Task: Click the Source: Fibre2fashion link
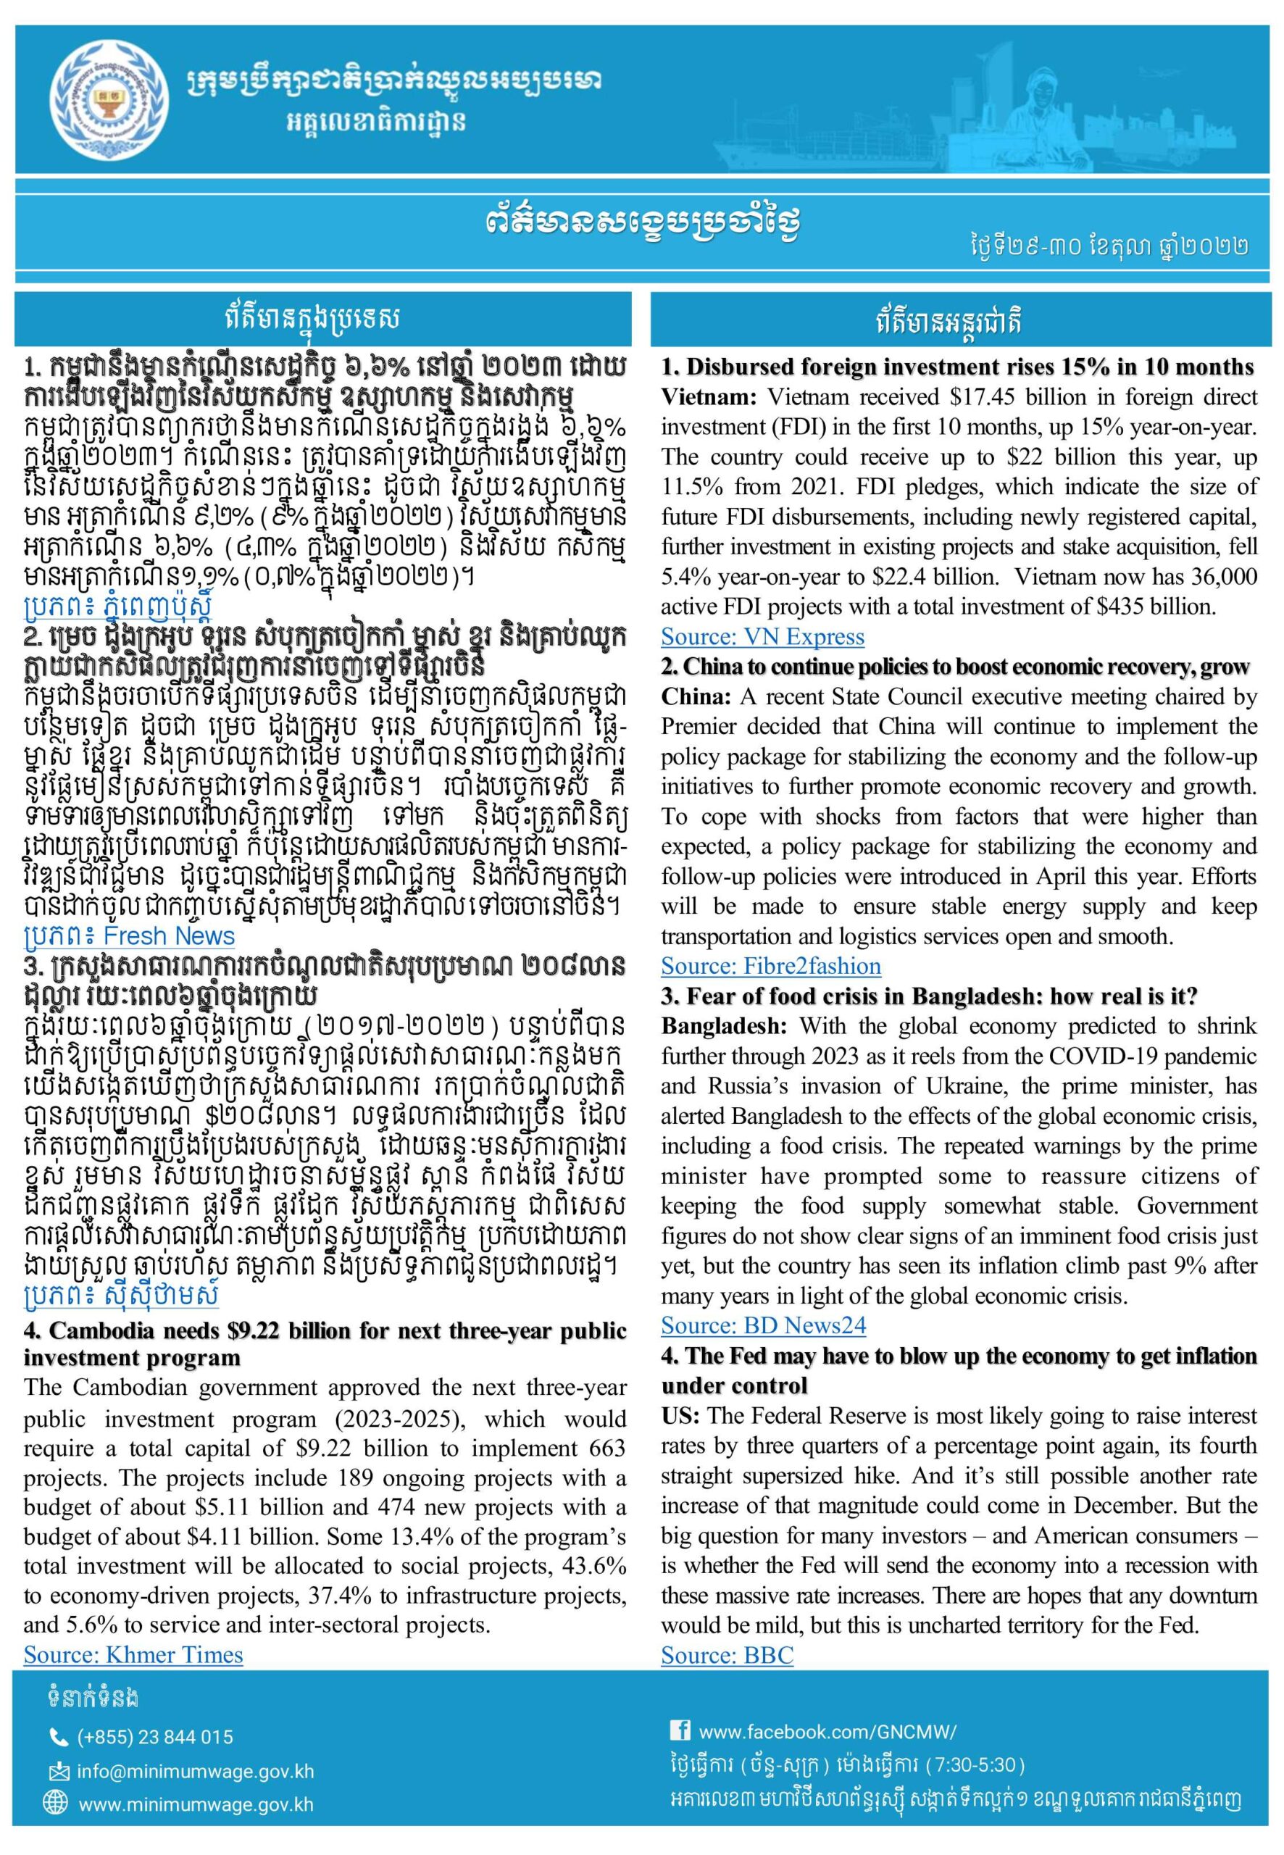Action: pyautogui.click(x=771, y=966)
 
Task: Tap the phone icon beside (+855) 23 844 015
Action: pyautogui.click(x=59, y=1738)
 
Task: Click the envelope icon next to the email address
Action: pyautogui.click(x=59, y=1772)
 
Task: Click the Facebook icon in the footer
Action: pyautogui.click(x=680, y=1725)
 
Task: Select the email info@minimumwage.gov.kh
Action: pyautogui.click(x=196, y=1772)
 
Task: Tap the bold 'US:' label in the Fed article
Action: pyautogui.click(x=680, y=1416)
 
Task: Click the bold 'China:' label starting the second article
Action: pyautogui.click(x=696, y=696)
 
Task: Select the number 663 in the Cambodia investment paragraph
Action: pyautogui.click(x=604, y=1448)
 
